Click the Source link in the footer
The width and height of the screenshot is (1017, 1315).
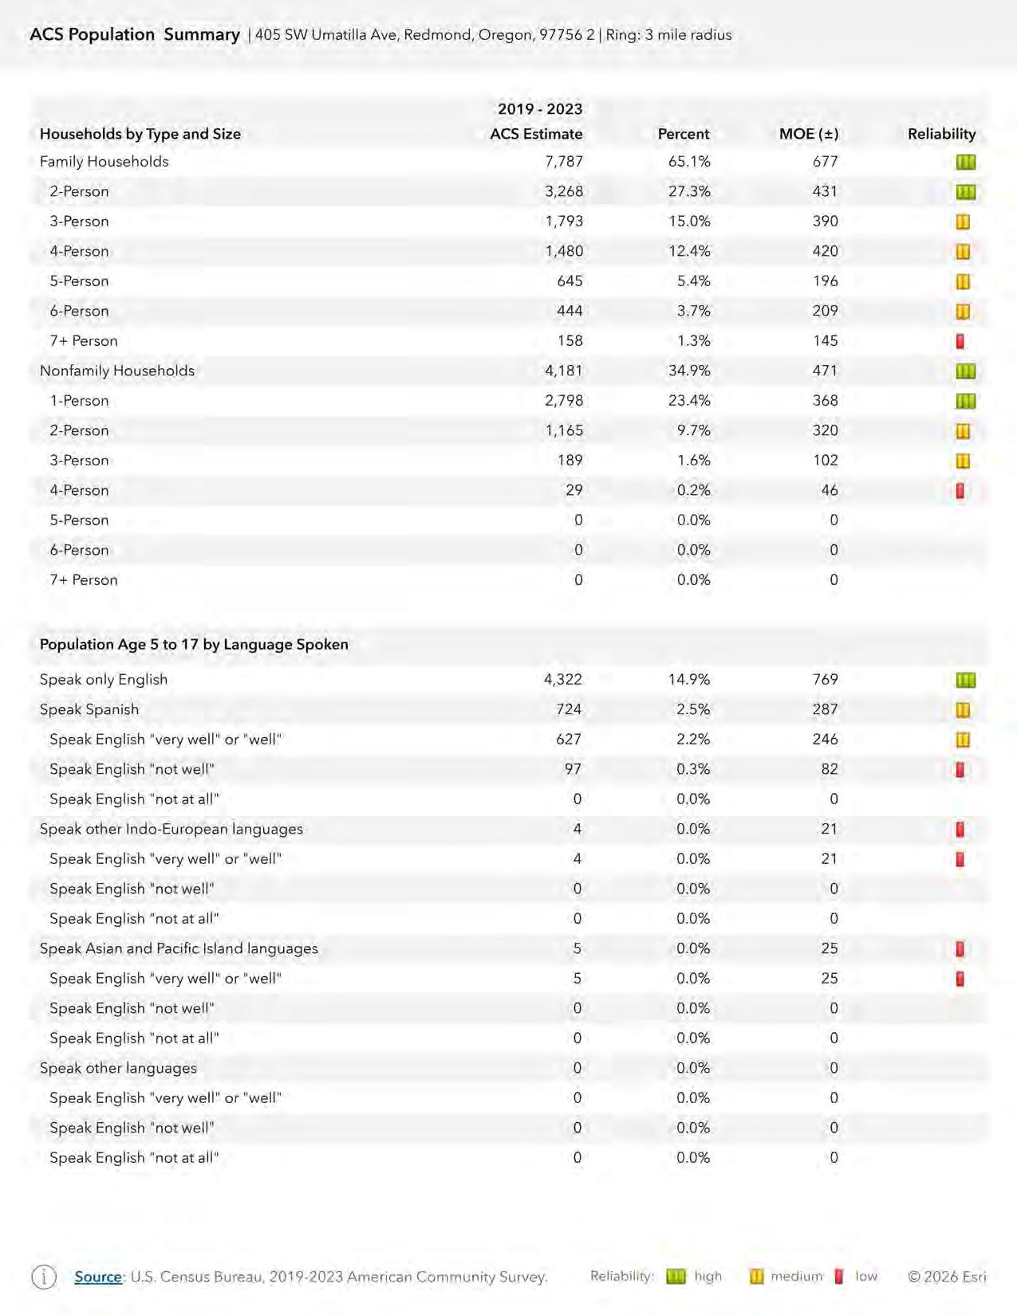coord(98,1277)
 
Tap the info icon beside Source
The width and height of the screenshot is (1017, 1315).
coord(44,1277)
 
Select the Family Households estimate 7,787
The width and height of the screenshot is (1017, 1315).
coord(564,162)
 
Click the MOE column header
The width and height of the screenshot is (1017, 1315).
coord(808,134)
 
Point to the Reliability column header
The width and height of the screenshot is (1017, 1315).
coord(941,134)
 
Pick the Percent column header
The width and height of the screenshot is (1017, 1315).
coord(683,134)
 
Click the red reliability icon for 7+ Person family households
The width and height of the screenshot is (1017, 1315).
coord(960,341)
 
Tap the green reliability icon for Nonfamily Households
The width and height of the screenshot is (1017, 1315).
coord(965,371)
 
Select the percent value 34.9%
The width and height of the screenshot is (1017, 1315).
coord(689,371)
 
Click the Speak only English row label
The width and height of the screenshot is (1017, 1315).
coord(104,680)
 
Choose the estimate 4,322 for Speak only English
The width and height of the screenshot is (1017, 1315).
coord(563,680)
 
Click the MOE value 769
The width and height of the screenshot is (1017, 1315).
coord(825,680)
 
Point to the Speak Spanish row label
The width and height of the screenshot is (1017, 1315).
coord(89,709)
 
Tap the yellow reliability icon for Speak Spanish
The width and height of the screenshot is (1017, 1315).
coord(963,710)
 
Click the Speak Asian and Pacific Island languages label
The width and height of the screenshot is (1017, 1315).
coord(179,948)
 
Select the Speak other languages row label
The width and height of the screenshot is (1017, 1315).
coord(118,1068)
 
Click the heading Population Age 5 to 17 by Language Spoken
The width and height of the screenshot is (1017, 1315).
coord(194,644)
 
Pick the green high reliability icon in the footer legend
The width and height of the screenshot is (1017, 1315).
coord(676,1277)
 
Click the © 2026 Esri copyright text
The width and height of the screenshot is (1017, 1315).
coord(947,1277)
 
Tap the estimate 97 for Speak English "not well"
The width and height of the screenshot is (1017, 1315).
coord(573,769)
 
